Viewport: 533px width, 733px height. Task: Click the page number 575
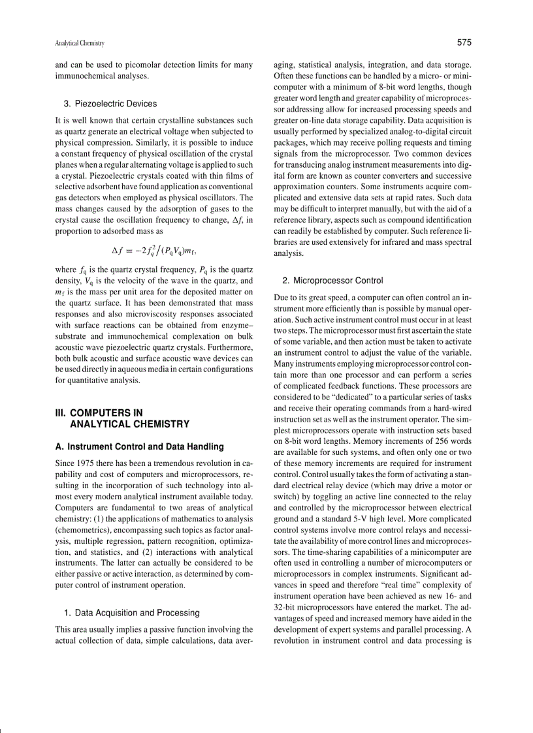(464, 43)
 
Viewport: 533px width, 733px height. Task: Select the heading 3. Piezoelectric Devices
(110, 104)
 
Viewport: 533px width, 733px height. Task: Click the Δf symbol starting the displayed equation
(118, 249)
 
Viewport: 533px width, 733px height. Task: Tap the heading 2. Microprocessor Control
(332, 281)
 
